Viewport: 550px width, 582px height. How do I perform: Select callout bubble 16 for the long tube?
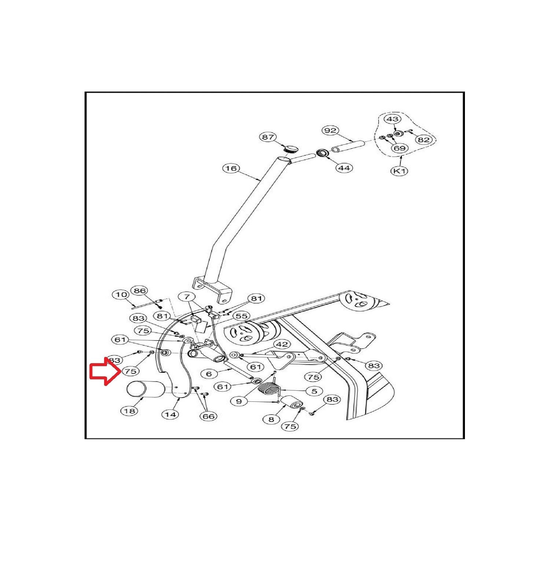click(x=231, y=168)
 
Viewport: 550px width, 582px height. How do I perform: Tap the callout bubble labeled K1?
click(x=400, y=171)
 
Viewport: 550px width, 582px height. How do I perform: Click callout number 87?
click(x=268, y=137)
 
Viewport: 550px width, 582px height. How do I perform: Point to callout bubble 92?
click(x=330, y=130)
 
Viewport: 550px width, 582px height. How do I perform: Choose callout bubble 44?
click(x=344, y=168)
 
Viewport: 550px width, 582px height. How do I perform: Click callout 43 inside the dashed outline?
click(x=392, y=119)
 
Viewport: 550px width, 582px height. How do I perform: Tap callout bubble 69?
click(x=399, y=148)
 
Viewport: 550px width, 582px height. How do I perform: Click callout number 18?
click(x=129, y=411)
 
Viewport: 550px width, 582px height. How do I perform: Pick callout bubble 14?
click(x=170, y=415)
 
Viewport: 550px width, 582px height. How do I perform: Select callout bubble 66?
click(x=208, y=416)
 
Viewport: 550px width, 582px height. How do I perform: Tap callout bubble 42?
click(x=282, y=345)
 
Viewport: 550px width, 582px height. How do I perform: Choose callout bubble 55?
click(x=241, y=316)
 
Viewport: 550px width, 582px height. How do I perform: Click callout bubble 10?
click(x=121, y=294)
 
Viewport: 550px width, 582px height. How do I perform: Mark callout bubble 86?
click(x=140, y=291)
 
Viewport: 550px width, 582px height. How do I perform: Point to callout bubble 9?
click(x=239, y=401)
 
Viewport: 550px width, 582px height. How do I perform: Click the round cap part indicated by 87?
click(x=292, y=149)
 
